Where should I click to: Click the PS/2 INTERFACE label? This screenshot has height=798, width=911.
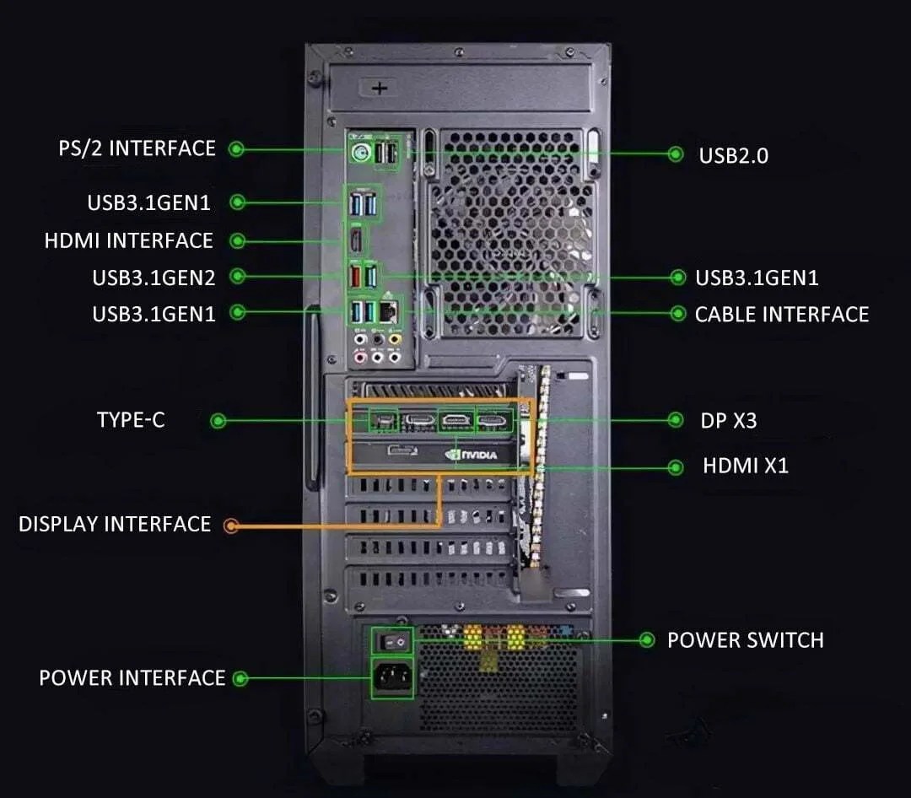tap(137, 148)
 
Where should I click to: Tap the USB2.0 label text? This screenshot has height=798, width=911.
tap(733, 155)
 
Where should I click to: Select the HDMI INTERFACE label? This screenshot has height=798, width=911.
tap(128, 240)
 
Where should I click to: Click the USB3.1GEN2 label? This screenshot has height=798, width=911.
tap(154, 277)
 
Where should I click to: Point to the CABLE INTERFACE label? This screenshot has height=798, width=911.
tap(781, 315)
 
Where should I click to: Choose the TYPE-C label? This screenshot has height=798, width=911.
tap(131, 420)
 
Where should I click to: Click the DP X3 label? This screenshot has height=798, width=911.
tap(728, 420)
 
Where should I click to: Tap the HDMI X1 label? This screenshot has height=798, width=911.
tap(745, 466)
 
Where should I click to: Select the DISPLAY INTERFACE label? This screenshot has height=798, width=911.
tap(115, 524)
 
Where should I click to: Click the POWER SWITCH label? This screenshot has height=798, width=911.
tap(745, 640)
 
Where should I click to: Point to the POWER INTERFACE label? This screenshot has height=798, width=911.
tap(132, 678)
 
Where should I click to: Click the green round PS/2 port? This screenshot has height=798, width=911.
tap(361, 153)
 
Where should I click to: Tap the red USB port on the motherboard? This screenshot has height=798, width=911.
tap(356, 275)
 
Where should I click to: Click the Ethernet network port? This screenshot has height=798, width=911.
tap(389, 311)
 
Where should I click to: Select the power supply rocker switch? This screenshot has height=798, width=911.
tap(394, 641)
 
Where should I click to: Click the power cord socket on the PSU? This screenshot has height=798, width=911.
tap(393, 676)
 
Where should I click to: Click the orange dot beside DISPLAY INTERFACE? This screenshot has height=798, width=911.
tap(231, 526)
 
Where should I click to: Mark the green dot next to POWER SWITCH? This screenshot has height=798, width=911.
tap(646, 640)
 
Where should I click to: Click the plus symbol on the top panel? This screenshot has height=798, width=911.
tap(380, 87)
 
